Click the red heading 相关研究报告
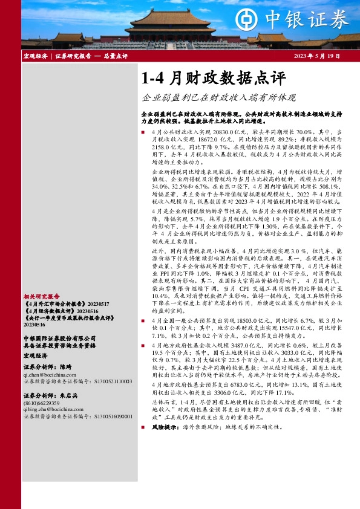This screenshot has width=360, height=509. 41,297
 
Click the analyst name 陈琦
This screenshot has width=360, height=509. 66,366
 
